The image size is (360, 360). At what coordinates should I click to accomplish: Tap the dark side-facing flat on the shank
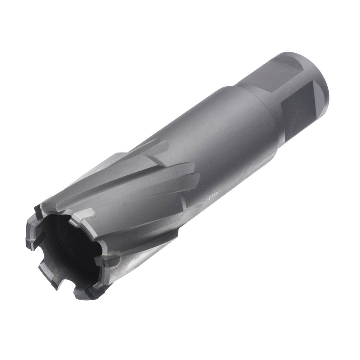point(299,108)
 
